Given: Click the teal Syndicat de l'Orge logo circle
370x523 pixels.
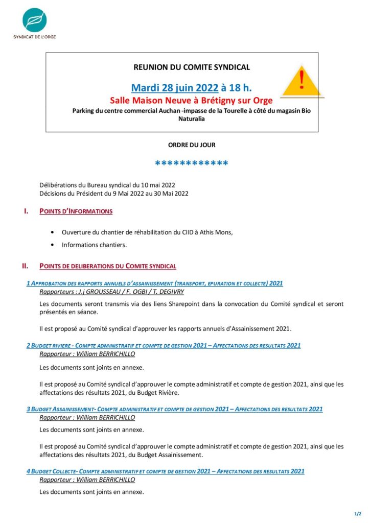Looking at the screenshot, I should (x=34, y=20).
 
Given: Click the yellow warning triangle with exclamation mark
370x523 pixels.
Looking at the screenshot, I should (x=302, y=83).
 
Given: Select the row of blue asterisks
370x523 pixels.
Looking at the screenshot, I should (x=192, y=163).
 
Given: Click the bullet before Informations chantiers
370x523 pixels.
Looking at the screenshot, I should (x=53, y=245).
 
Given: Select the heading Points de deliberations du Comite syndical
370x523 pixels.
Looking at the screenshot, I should (x=108, y=266).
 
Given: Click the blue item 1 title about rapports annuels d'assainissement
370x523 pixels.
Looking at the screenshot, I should (x=155, y=283).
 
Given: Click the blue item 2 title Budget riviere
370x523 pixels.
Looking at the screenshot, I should (x=164, y=346).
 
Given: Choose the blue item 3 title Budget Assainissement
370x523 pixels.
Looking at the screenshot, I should (x=174, y=409).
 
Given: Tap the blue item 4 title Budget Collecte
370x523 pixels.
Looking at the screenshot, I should (x=166, y=471).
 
